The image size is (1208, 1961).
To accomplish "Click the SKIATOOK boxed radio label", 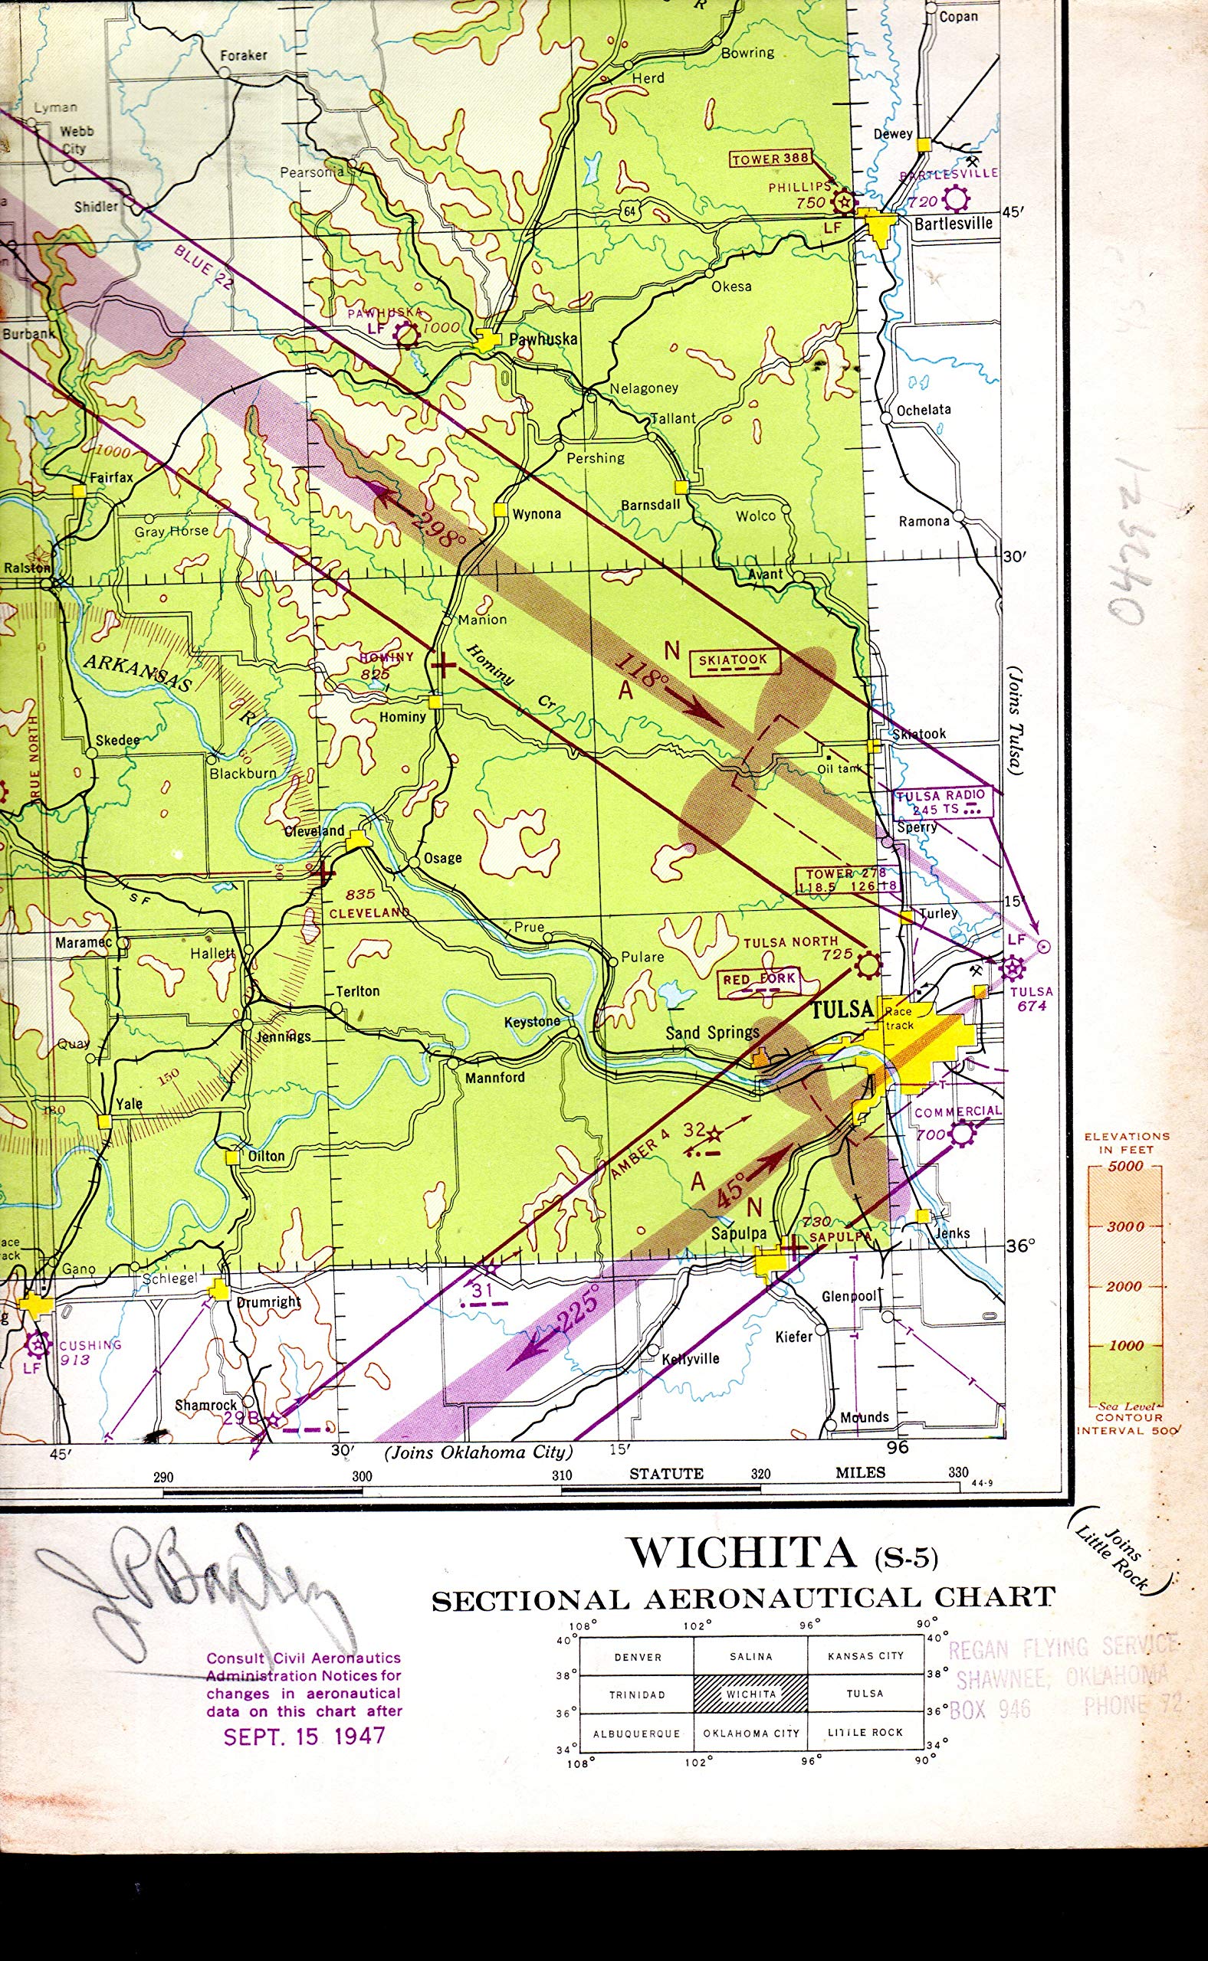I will (733, 660).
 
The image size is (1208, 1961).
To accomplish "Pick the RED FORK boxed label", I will (759, 980).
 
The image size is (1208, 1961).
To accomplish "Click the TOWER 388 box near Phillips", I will (770, 159).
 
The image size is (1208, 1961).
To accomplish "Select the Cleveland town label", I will (315, 831).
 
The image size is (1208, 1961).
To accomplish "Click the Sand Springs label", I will (712, 1033).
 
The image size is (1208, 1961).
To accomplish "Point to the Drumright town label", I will (268, 1302).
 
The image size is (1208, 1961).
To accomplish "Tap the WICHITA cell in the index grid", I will (751, 1694).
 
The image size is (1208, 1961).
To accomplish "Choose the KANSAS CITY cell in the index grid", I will (865, 1656).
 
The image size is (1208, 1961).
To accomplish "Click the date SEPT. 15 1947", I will (304, 1737).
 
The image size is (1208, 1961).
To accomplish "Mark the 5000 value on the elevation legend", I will (1125, 1167).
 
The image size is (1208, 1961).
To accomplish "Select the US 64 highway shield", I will (629, 211).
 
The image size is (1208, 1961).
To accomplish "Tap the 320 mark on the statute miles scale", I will (760, 1474).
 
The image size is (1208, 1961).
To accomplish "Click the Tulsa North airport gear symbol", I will (868, 965).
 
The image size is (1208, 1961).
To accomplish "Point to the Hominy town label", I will (402, 717).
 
